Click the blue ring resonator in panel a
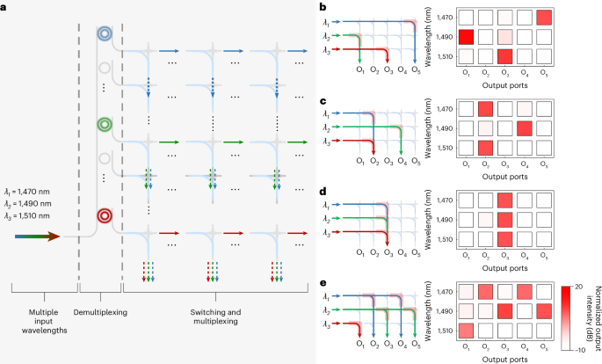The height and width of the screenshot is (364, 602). click(105, 34)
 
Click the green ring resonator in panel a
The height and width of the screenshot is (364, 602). click(105, 122)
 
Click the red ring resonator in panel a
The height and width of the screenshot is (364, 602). click(105, 215)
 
